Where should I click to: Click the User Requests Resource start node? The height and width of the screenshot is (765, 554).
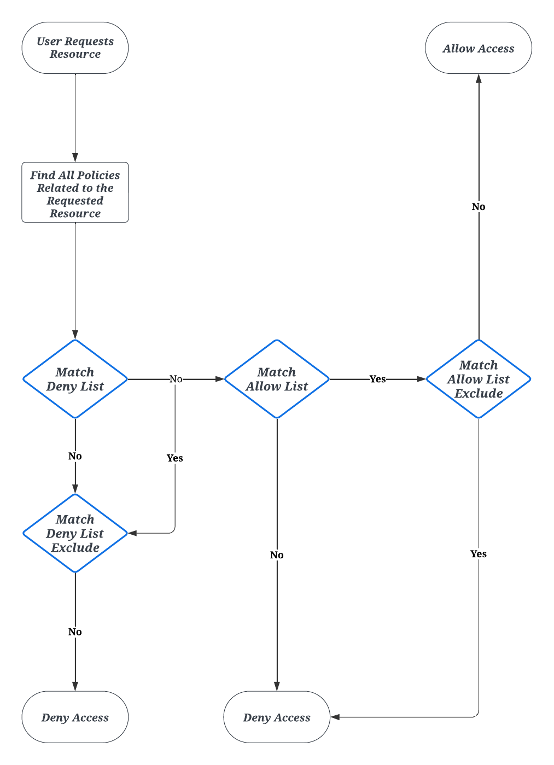75,48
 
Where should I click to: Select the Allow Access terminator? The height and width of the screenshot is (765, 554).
478,48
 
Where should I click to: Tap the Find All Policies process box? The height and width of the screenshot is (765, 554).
75,192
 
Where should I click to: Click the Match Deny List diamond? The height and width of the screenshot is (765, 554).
75,379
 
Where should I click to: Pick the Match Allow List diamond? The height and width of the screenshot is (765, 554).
277,379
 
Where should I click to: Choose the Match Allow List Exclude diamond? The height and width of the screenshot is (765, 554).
478,379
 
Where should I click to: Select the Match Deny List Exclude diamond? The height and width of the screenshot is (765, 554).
75,533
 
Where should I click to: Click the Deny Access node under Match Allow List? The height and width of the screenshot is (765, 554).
277,717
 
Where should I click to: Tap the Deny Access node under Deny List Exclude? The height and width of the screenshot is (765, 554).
75,717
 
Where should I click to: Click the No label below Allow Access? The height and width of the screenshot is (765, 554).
478,207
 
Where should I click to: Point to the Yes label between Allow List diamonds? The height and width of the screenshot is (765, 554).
377,379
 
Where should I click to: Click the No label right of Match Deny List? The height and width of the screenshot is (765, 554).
176,379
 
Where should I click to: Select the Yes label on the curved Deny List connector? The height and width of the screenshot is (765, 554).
175,458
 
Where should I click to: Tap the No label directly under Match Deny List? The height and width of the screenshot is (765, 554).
75,456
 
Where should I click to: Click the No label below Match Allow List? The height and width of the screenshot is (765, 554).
277,555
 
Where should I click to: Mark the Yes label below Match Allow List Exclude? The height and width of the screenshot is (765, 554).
478,554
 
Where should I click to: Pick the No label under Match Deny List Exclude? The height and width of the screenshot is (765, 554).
75,632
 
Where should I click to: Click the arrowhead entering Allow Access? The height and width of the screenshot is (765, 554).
479,79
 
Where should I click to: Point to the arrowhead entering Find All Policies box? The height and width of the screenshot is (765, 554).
75,157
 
